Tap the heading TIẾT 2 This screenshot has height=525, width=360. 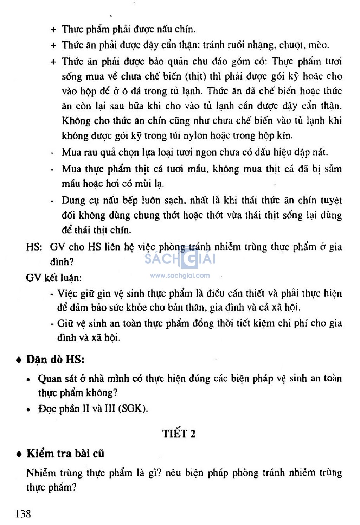[179, 433]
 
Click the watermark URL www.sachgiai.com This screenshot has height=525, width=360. [180, 276]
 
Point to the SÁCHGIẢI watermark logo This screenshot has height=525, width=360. [180, 259]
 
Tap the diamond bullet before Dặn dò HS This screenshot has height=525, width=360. [19, 360]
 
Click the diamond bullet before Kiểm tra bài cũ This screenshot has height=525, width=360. [19, 454]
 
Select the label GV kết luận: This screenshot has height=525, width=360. [53, 278]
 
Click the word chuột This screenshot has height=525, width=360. [291, 45]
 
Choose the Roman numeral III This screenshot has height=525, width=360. [110, 409]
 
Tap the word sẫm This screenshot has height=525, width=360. [333, 169]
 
